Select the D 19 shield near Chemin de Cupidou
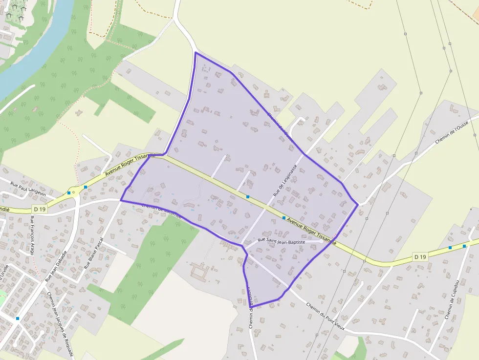(x=420, y=256)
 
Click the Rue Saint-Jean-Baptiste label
(x=281, y=241)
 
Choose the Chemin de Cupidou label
(x=452, y=299)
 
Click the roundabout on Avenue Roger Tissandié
(x=74, y=192)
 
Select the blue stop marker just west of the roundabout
(x=68, y=193)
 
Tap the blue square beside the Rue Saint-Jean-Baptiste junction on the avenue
(x=283, y=218)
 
